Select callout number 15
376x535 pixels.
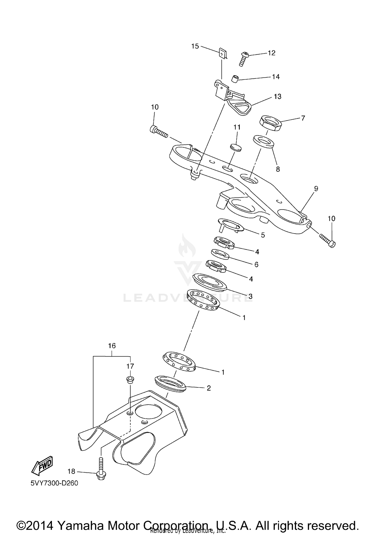coord(195,46)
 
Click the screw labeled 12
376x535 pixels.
coord(243,59)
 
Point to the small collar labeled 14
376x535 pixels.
coord(234,79)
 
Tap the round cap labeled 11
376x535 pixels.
coord(236,147)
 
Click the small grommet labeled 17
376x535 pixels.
coord(130,380)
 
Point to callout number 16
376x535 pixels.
coord(112,346)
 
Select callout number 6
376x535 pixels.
coord(256,264)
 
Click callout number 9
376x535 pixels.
coord(316,189)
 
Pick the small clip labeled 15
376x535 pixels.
coord(223,53)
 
